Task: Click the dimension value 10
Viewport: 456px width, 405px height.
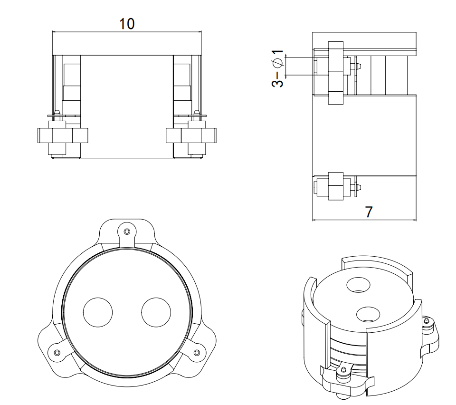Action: (127, 24)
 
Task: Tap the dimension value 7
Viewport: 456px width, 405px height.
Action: (369, 212)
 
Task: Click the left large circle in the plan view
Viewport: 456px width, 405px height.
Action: (98, 312)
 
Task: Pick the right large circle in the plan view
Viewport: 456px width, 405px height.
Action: (156, 312)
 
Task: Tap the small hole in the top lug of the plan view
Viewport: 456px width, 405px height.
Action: (126, 231)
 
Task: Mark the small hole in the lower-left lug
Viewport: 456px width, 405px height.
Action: (57, 352)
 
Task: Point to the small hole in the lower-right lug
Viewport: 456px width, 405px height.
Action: (197, 352)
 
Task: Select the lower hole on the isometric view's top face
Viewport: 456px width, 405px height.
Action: (368, 314)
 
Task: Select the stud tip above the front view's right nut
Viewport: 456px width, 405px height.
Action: (196, 113)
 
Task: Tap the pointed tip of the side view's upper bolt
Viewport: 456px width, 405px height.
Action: (361, 66)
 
